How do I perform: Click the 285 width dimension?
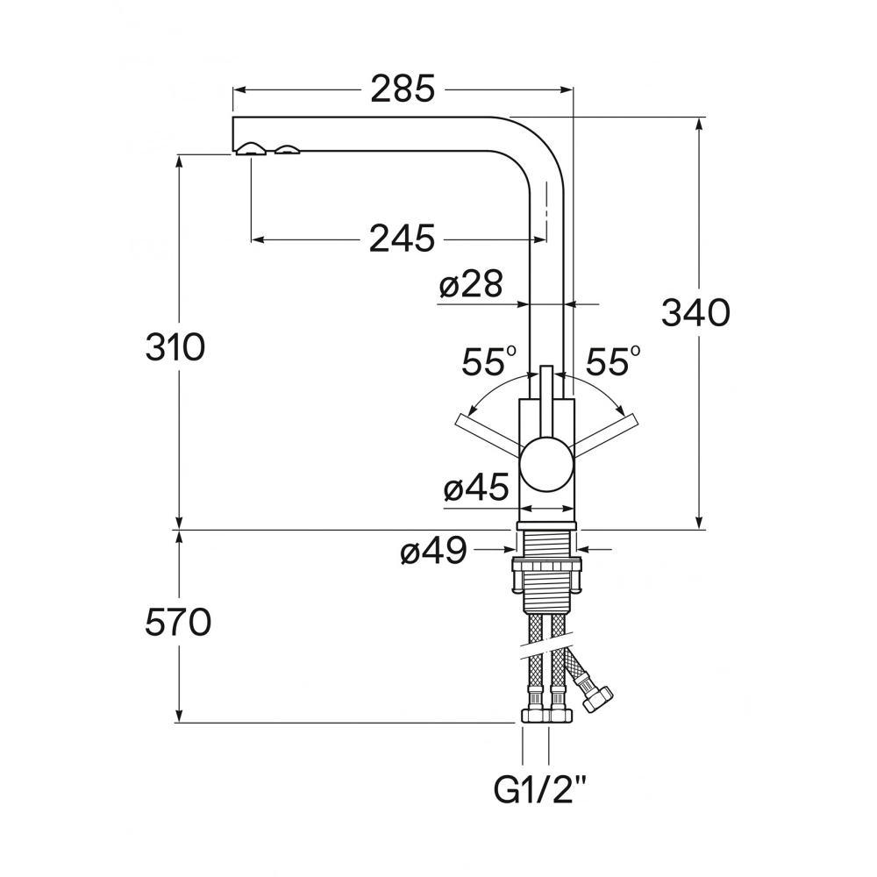pyautogui.click(x=403, y=89)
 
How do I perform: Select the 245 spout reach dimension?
pyautogui.click(x=402, y=239)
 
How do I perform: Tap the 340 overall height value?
pyautogui.click(x=695, y=313)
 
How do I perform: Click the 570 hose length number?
pyautogui.click(x=178, y=622)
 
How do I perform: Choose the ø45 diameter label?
pyautogui.click(x=476, y=487)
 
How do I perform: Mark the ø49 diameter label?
pyautogui.click(x=433, y=551)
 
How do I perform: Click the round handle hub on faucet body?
pyautogui.click(x=546, y=466)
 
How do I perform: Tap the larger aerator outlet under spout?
pyautogui.click(x=251, y=148)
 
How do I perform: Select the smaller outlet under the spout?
pyautogui.click(x=288, y=149)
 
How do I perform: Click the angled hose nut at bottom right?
pyautogui.click(x=596, y=696)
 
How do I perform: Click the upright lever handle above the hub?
pyautogui.click(x=546, y=403)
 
